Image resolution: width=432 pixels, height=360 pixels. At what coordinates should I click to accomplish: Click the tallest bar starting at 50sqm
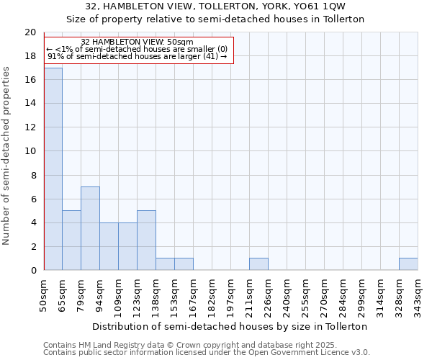pyautogui.click(x=53, y=169)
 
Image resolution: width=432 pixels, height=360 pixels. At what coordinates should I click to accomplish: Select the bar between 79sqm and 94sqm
pyautogui.click(x=90, y=228)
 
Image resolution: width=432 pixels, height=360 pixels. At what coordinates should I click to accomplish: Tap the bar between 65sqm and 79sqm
pyautogui.click(x=71, y=240)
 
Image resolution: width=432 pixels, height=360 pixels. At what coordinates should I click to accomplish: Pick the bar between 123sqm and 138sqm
pyautogui.click(x=146, y=240)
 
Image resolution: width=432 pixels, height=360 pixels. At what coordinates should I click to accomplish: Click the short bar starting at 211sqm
pyautogui.click(x=258, y=264)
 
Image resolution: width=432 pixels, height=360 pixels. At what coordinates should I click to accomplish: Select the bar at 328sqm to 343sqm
pyautogui.click(x=408, y=264)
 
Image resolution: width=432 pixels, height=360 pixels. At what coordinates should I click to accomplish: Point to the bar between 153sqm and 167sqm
pyautogui.click(x=184, y=264)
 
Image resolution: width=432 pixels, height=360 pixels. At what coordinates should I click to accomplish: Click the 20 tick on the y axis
pyautogui.click(x=30, y=32)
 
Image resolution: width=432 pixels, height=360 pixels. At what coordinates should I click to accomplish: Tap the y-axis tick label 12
pyautogui.click(x=30, y=127)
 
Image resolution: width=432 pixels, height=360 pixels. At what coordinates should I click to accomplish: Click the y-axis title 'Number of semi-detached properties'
pyautogui.click(x=7, y=156)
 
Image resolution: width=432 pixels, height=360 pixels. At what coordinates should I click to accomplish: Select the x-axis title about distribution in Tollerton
pyautogui.click(x=230, y=326)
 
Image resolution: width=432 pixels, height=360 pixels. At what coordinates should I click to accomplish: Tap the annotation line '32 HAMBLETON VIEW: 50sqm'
pyautogui.click(x=137, y=42)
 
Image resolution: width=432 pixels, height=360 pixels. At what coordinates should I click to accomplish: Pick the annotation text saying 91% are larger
pyautogui.click(x=137, y=56)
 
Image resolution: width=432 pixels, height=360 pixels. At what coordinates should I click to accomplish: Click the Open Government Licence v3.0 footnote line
pyautogui.click(x=207, y=353)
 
